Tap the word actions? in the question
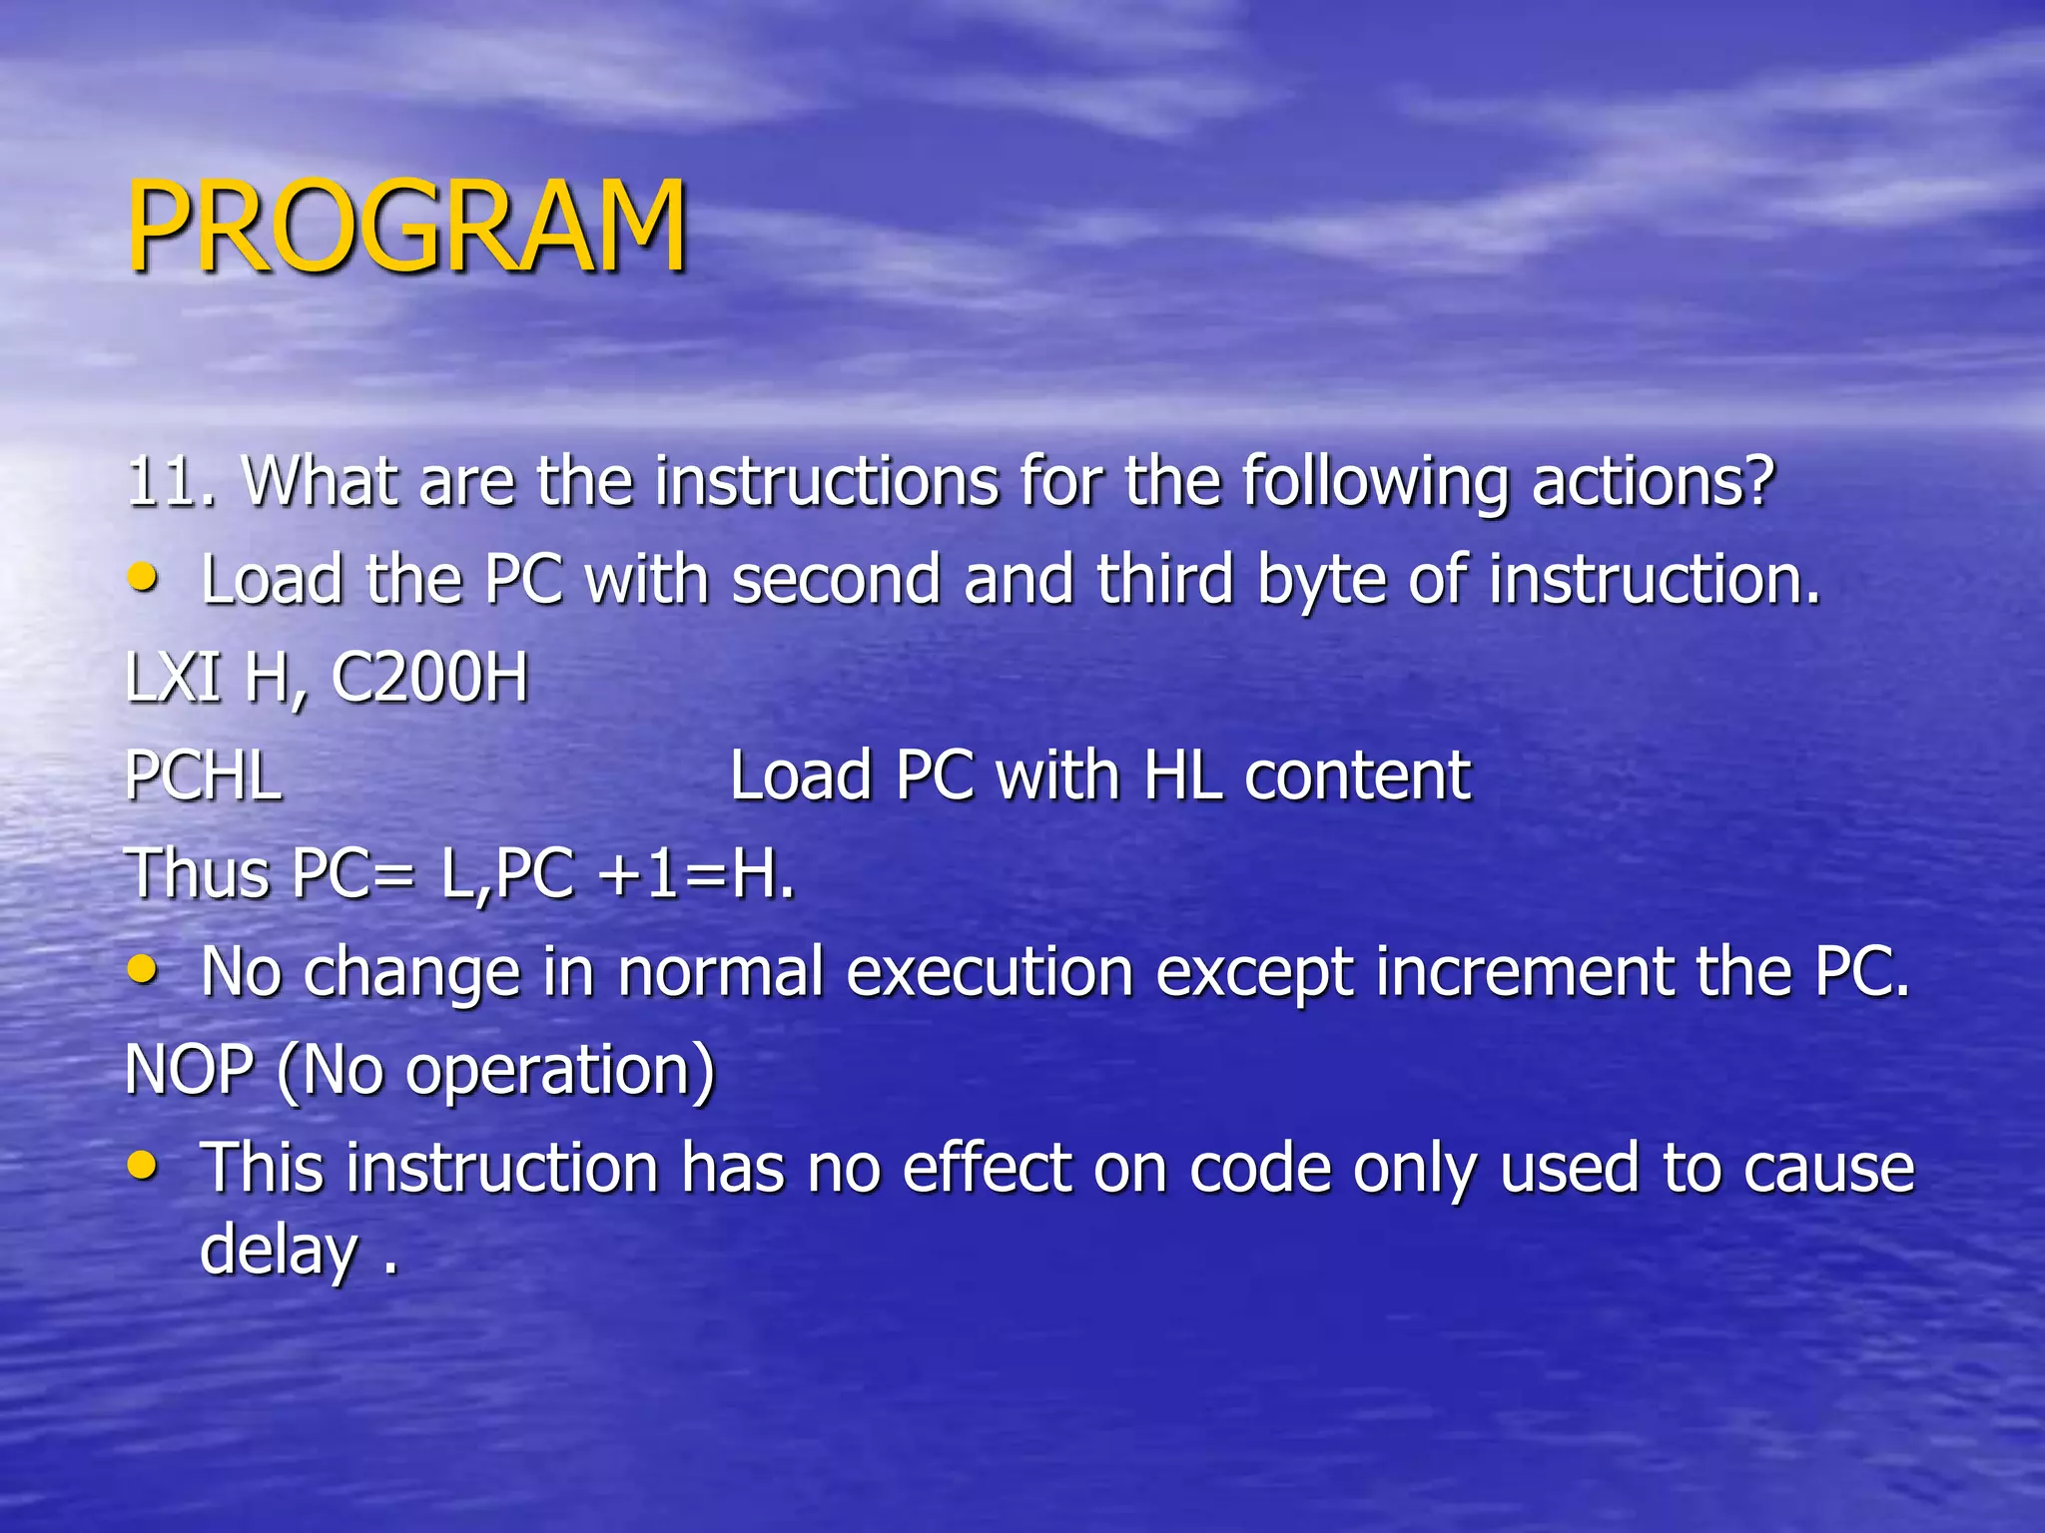pyautogui.click(x=1653, y=482)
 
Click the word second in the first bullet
pyautogui.click(x=836, y=580)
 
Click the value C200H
pyautogui.click(x=429, y=678)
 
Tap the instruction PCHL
pyautogui.click(x=204, y=775)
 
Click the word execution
pyautogui.click(x=990, y=972)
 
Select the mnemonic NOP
pyautogui.click(x=189, y=1070)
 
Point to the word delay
pyautogui.click(x=278, y=1252)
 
